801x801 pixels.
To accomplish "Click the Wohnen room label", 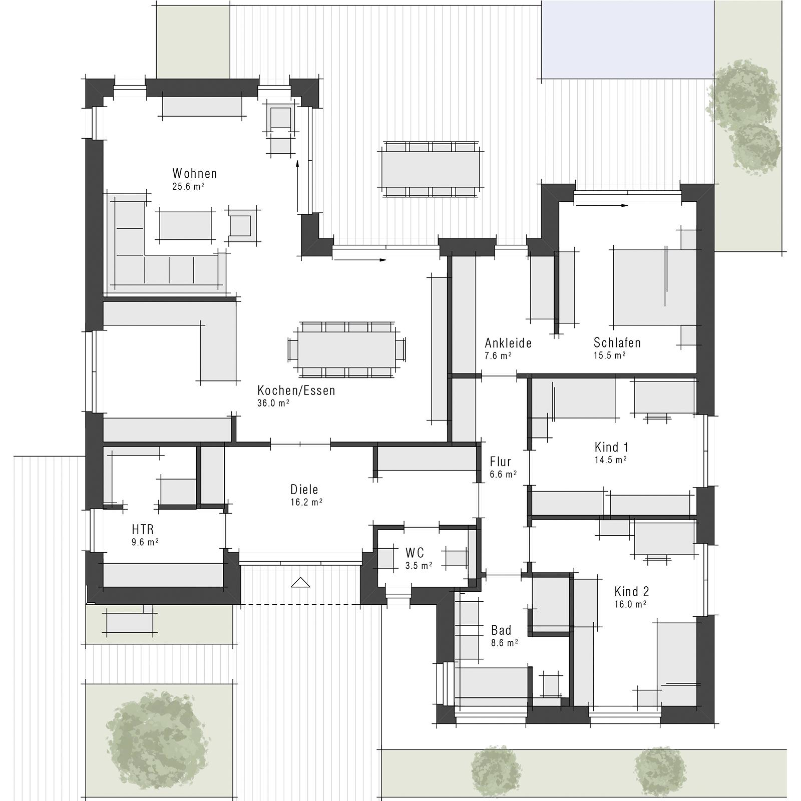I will (x=195, y=174).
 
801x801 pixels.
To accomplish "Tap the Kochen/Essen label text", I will (x=296, y=390).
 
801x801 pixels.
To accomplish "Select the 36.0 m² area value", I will (x=273, y=404).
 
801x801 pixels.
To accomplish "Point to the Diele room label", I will (x=304, y=490).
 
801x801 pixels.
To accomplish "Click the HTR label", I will (x=143, y=529).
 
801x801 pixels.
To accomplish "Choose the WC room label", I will (x=415, y=553).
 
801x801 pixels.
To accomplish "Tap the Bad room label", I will (x=501, y=630).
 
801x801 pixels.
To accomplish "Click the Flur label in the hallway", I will (x=500, y=462).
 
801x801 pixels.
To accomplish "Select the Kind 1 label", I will (x=611, y=447).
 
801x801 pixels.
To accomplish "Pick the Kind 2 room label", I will (x=631, y=591).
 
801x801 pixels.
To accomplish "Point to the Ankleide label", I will (x=508, y=343).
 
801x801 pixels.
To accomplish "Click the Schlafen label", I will (x=617, y=343).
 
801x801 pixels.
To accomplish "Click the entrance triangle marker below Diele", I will (x=300, y=582).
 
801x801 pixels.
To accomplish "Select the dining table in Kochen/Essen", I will (x=346, y=349).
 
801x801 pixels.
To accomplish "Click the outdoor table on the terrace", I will (x=431, y=169).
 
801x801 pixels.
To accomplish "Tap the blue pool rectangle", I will (x=628, y=39).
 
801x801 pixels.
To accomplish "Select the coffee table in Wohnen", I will (x=185, y=226).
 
